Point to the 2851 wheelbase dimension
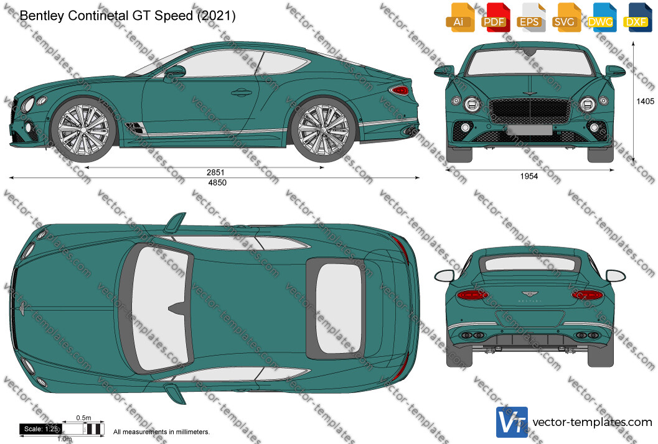pos(215,172)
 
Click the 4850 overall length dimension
pos(217,182)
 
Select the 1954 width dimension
pos(529,176)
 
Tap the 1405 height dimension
pos(645,101)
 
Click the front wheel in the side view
pos(83,130)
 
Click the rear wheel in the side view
pos(323,130)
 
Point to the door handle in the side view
pos(242,92)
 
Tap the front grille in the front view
pos(530,111)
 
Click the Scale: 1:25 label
pos(40,429)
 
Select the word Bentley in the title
pos(42,16)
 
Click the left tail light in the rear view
pos(472,294)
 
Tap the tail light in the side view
pos(399,90)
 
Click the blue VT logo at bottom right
pos(512,422)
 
